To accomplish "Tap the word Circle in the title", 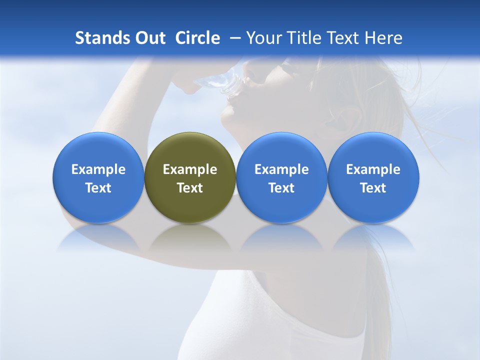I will point(197,38).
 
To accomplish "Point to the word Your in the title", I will point(264,38).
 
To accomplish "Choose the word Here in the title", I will point(382,38).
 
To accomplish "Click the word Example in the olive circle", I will point(190,169).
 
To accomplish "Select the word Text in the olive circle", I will point(190,188).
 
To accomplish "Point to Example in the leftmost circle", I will point(98,169).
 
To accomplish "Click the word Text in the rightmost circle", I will point(373,188).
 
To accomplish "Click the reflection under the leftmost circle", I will point(98,239).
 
